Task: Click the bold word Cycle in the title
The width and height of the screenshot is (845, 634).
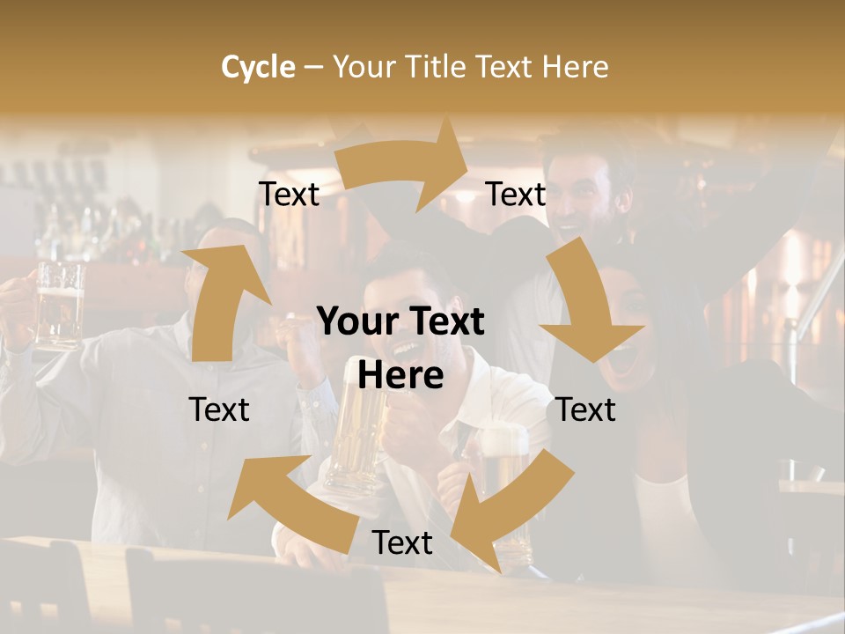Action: coord(258,67)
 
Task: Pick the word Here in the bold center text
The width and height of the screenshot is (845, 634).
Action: coord(400,376)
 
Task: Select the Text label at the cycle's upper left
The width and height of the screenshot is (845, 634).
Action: coord(289,194)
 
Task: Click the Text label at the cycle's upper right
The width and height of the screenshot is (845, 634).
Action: coord(516,194)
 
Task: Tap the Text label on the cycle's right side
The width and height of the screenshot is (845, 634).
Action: coord(586,409)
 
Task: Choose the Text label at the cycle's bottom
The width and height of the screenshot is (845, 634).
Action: coord(402,542)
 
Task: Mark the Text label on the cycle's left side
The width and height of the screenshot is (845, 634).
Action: coord(219,409)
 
